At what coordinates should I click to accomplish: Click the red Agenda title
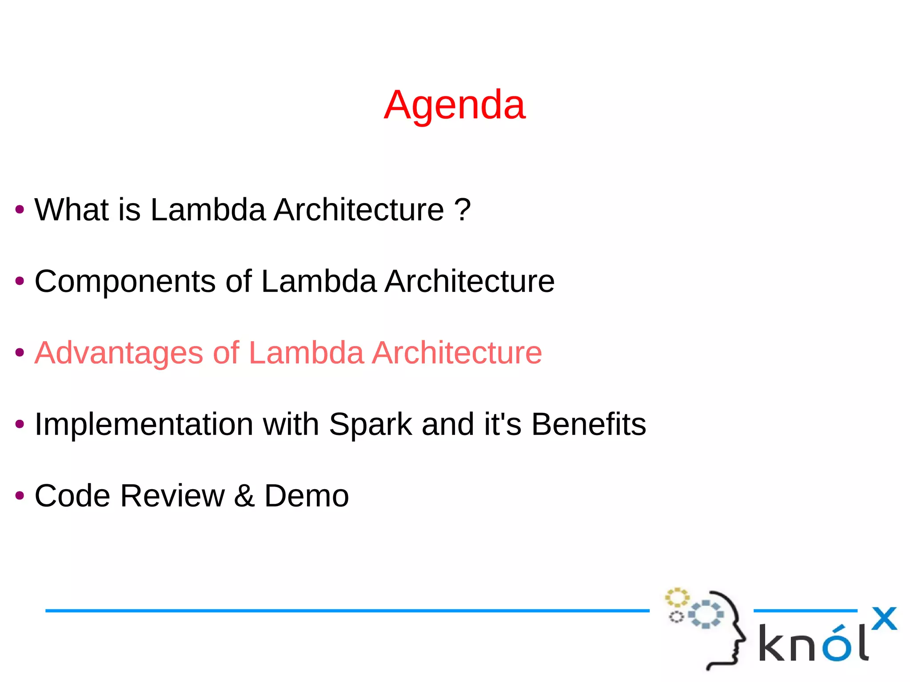pyautogui.click(x=455, y=105)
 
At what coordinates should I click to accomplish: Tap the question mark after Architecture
pyautogui.click(x=463, y=209)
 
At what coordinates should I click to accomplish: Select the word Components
pyautogui.click(x=125, y=281)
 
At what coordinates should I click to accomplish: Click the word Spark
pyautogui.click(x=370, y=424)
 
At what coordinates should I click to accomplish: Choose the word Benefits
pyautogui.click(x=588, y=424)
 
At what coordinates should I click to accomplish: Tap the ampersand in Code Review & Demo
pyautogui.click(x=244, y=496)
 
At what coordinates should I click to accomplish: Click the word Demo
pyautogui.click(x=307, y=496)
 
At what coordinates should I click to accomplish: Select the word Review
pyautogui.click(x=172, y=496)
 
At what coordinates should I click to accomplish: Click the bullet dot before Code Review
pyautogui.click(x=20, y=495)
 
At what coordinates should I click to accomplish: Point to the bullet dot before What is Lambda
pyautogui.click(x=20, y=209)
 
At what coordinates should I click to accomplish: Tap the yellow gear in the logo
pyautogui.click(x=677, y=598)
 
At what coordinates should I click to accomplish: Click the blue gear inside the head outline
pyautogui.click(x=706, y=614)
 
